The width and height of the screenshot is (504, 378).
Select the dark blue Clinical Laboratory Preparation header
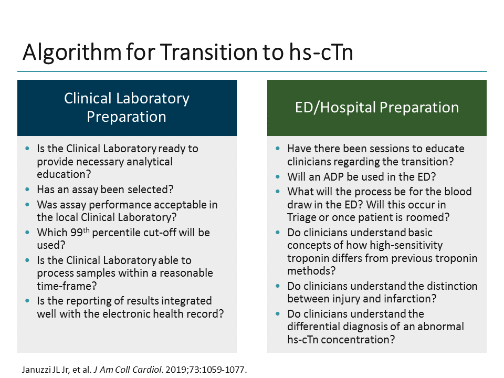point(127,108)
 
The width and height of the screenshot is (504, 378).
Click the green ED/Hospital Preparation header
point(376,108)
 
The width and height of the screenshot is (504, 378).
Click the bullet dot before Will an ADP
point(278,177)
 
